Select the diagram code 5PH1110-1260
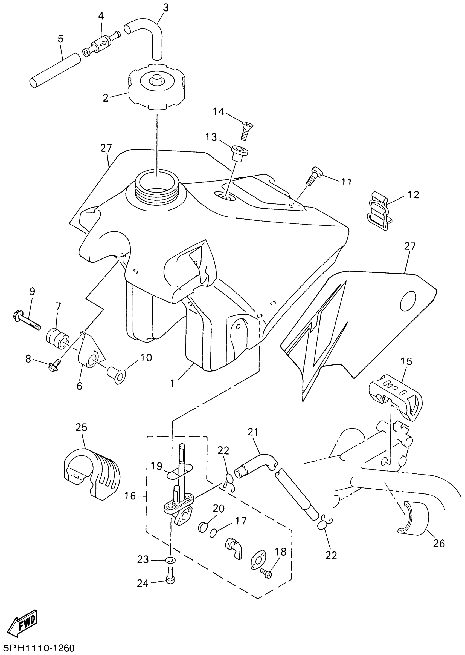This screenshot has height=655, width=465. click(x=37, y=647)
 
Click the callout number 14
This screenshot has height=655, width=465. click(x=219, y=111)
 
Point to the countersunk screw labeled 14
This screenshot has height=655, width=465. click(x=245, y=130)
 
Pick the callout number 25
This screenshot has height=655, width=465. click(x=81, y=427)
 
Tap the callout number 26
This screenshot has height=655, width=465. click(x=439, y=543)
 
